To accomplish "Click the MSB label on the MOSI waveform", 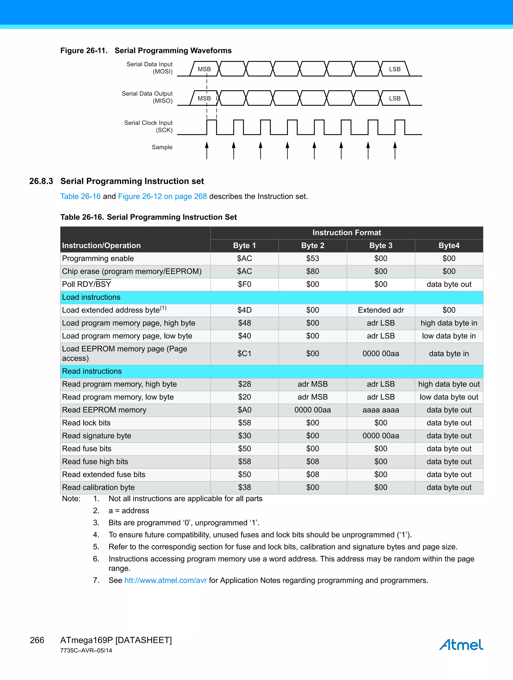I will point(204,69).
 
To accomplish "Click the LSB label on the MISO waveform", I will point(395,98).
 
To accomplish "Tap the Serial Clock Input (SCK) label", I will point(149,126).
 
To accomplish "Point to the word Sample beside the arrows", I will point(162,147).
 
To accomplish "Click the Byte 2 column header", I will point(313,245).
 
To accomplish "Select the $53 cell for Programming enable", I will point(313,258).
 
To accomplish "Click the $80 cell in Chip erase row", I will point(313,271).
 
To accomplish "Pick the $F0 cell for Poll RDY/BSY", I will point(244,284).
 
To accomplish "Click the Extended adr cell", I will point(380,310).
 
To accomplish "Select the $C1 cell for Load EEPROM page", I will point(244,354).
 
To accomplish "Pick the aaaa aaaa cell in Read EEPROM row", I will point(380,410).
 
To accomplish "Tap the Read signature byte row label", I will point(97,436).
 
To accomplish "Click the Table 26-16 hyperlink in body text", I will point(80,196).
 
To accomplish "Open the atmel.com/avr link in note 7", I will point(165,580).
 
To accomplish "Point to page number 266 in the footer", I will point(37,640).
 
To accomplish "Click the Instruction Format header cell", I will point(346,233).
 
